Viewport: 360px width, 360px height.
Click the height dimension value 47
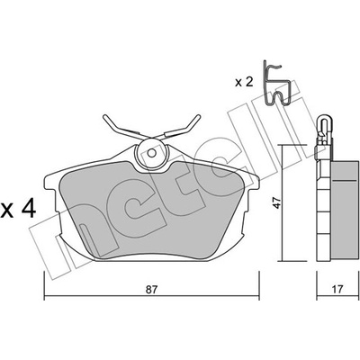277,202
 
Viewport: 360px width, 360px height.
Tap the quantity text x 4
18,209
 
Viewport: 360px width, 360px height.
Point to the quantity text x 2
244,82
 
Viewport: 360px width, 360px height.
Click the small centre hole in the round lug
152,153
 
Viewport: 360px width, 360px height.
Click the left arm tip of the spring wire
104,116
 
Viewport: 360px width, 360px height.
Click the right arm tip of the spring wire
199,116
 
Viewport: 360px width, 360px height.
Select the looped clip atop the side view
324,127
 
